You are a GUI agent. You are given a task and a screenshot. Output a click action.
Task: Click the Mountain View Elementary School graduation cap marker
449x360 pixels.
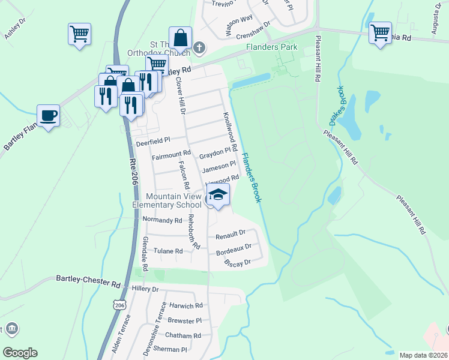tap(218, 195)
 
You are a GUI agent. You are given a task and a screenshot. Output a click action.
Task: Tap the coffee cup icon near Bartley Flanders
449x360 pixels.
tap(48, 115)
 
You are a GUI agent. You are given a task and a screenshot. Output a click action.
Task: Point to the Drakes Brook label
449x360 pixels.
tap(336, 106)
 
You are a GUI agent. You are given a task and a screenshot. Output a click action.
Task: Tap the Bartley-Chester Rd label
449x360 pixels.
tap(88, 279)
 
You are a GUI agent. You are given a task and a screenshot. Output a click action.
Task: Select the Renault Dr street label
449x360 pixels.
tap(231, 233)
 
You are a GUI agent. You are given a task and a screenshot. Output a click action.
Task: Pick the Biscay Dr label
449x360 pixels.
tap(237, 262)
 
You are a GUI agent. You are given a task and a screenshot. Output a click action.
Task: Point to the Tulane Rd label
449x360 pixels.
tap(167, 251)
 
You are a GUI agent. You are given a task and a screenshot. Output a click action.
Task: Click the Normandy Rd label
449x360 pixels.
tap(162, 220)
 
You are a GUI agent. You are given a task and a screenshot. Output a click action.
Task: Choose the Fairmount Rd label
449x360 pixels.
tap(170, 157)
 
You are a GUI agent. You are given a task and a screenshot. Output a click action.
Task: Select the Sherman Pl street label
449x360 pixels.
tap(170, 349)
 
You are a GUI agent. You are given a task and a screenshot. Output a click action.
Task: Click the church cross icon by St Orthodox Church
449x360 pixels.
tap(200, 47)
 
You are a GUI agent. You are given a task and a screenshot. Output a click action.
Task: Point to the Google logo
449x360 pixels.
tap(20, 353)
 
